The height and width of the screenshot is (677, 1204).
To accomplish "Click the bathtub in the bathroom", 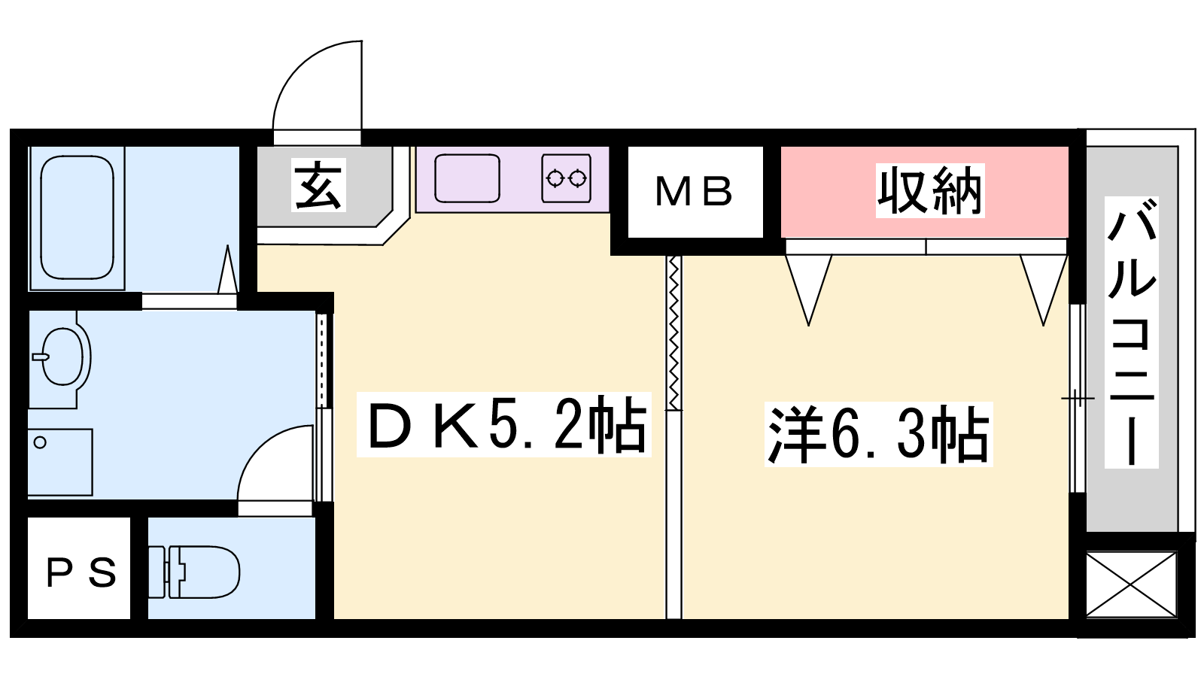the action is (78, 217).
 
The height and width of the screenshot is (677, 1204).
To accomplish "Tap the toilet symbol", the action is (194, 572).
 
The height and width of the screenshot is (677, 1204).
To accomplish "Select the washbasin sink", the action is (63, 357).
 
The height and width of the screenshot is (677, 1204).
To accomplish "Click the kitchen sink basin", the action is (467, 178).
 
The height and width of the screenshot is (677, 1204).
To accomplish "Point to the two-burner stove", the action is (567, 178).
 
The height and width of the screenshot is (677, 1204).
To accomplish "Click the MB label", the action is (694, 192).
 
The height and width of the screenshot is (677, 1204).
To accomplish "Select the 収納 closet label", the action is (930, 191).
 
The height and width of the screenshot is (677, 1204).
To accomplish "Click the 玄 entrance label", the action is (318, 185).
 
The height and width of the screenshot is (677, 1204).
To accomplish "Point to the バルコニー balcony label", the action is (1132, 332).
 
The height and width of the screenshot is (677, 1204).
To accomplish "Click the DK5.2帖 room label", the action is (504, 424).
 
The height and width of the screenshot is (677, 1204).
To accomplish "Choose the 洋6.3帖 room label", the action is (878, 434).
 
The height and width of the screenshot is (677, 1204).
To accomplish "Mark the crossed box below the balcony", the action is (1132, 584).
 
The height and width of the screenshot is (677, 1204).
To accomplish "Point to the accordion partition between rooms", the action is (673, 333).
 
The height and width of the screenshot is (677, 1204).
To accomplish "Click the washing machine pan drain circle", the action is (40, 443).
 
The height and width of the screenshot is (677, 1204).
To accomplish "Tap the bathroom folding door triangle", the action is (227, 269).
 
